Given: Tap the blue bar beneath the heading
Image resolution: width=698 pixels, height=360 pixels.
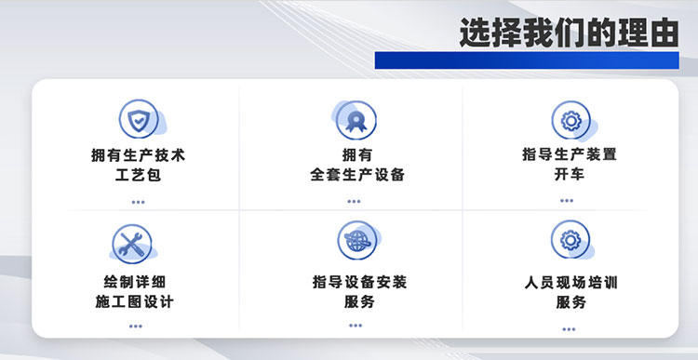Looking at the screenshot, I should tap(527, 60).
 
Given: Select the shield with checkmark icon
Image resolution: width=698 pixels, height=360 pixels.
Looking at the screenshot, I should tap(137, 118).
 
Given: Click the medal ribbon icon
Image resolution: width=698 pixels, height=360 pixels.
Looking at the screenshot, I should tap(355, 119).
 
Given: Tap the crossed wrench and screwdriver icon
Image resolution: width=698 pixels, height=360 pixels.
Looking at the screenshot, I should tap(131, 243).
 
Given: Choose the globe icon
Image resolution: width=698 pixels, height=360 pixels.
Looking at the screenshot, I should tap(355, 239).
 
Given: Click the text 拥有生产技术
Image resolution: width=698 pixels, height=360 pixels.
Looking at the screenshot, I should tap(138, 154).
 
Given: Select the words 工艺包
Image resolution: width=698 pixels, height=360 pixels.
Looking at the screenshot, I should tap(138, 174).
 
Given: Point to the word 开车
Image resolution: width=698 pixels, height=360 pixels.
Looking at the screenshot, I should tap(570, 174).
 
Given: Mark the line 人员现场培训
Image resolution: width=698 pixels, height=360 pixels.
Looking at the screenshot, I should tap(571, 281).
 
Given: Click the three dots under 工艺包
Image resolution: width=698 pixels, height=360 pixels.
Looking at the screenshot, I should tap(138, 201).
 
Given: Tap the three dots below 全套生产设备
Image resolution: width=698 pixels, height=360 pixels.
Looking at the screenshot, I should tap(355, 201).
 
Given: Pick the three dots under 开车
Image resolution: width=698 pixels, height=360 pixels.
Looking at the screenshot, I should tap(570, 201).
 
